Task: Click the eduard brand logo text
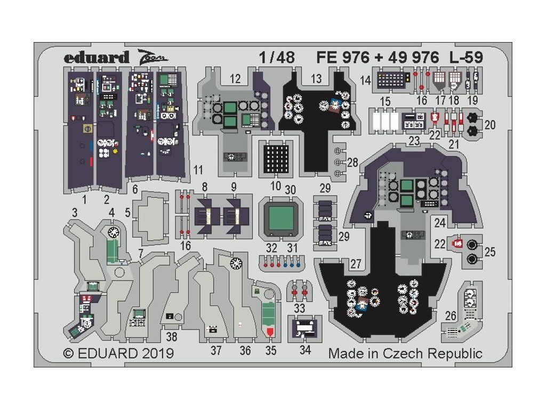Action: click(97, 58)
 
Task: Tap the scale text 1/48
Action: click(277, 58)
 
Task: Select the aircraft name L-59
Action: click(466, 58)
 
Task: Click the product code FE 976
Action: click(343, 58)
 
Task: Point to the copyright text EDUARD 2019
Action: click(126, 354)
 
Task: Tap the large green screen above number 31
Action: click(281, 218)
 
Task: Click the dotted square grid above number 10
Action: click(276, 158)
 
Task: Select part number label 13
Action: click(316, 79)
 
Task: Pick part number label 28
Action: click(353, 162)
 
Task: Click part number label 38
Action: click(172, 337)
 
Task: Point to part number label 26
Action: click(451, 316)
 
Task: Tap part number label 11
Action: click(198, 170)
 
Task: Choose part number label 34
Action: click(305, 350)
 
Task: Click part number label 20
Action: click(490, 125)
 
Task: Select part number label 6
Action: click(135, 189)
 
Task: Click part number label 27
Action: click(356, 264)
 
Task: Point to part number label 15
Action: click(385, 102)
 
